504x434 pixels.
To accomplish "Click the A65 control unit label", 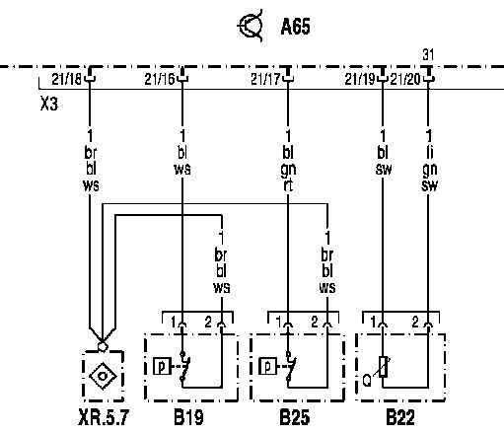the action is click(x=295, y=27).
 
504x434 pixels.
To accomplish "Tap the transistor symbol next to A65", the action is click(x=251, y=26).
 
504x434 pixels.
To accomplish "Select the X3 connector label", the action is click(x=49, y=104).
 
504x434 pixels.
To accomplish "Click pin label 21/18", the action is click(x=66, y=79).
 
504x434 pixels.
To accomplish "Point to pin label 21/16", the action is click(x=160, y=79).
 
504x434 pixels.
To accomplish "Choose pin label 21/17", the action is click(x=265, y=79).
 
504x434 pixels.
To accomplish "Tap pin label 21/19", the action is click(x=360, y=79).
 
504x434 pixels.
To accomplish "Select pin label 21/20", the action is click(x=405, y=79).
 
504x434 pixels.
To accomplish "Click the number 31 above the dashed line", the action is click(x=428, y=55).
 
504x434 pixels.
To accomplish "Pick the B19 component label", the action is click(x=188, y=417).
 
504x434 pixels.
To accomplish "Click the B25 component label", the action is click(x=294, y=417).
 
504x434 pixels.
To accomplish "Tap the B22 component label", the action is click(x=400, y=417).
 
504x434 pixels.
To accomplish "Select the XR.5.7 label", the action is click(x=104, y=417).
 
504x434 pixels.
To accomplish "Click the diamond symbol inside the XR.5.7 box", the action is click(x=103, y=376).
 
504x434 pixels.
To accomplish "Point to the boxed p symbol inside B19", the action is click(x=162, y=366).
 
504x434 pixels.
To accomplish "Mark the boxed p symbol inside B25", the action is click(x=267, y=366).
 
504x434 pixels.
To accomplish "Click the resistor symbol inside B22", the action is click(x=383, y=367).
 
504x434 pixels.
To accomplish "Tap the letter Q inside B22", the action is click(x=367, y=381).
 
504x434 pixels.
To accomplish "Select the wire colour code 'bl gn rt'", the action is click(x=288, y=169).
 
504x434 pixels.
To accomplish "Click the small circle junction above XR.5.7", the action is click(x=103, y=346).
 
